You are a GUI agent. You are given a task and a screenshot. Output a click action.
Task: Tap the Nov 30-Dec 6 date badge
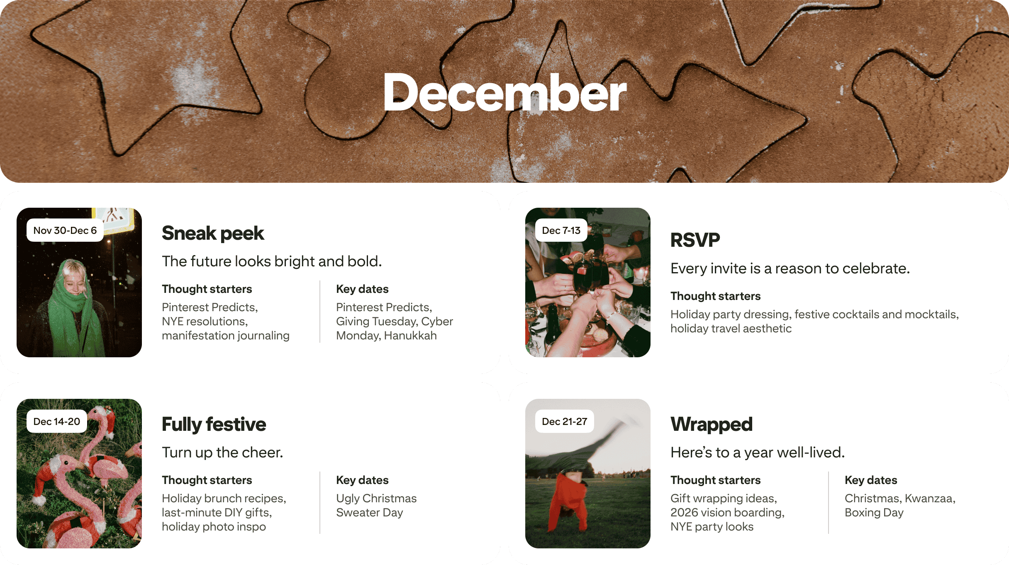click(x=65, y=230)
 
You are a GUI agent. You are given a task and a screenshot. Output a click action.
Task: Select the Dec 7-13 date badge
click(x=561, y=230)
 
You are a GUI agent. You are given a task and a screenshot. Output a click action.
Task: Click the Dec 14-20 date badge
click(x=57, y=421)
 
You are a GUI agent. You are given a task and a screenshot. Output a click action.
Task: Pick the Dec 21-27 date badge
click(x=564, y=421)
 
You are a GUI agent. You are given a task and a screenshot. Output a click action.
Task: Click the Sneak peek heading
click(x=213, y=233)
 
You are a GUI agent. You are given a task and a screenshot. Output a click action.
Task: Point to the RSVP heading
click(x=695, y=240)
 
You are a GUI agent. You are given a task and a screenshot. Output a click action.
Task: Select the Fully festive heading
click(x=214, y=424)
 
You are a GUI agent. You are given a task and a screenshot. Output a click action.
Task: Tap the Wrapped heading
click(x=711, y=424)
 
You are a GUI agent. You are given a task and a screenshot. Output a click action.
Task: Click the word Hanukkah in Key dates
click(x=410, y=336)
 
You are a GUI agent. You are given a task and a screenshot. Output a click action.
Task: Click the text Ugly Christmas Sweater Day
click(x=376, y=505)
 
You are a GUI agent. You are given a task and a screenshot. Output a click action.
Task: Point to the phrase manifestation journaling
click(x=225, y=336)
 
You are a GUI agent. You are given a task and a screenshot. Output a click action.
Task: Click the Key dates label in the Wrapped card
click(x=871, y=480)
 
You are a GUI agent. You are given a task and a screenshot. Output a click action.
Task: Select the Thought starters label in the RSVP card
click(x=715, y=296)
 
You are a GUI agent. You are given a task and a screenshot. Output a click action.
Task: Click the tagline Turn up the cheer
click(x=222, y=452)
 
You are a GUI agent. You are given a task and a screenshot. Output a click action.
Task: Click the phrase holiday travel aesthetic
click(x=731, y=329)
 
